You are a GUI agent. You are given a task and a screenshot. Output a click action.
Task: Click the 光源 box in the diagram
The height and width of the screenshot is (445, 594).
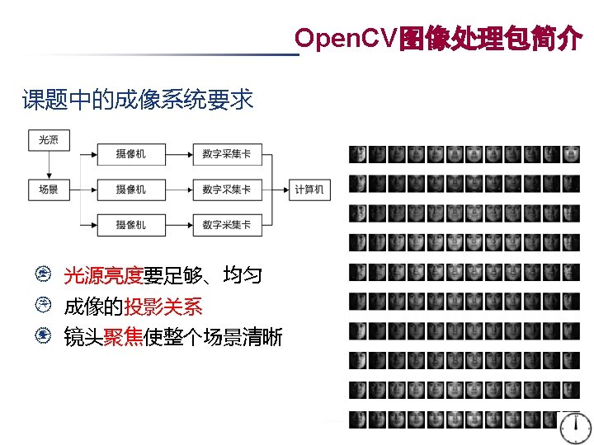click(x=49, y=139)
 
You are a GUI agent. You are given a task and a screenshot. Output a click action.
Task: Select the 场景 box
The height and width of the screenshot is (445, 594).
click(x=49, y=190)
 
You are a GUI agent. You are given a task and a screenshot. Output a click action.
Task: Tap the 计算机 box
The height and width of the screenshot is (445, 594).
click(x=309, y=190)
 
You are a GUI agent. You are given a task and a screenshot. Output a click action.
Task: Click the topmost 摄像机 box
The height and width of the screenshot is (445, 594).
click(x=131, y=154)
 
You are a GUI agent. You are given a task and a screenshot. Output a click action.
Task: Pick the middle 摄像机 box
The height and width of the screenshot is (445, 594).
click(x=131, y=190)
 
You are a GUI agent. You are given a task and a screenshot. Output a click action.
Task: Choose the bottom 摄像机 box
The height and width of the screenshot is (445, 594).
click(x=131, y=224)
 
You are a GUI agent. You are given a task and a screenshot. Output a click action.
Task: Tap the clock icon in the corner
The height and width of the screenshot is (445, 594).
click(x=574, y=426)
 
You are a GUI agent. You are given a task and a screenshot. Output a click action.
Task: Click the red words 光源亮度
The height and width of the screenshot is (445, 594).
click(x=103, y=275)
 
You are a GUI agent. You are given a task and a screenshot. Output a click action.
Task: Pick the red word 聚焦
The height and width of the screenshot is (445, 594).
click(x=123, y=337)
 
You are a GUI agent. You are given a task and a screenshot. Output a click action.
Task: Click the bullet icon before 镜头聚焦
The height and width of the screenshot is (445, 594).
click(x=49, y=336)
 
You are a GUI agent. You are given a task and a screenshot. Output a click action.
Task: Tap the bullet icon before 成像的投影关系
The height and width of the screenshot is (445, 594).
click(x=49, y=306)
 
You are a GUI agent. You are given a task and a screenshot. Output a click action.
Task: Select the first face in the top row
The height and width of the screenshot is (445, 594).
click(x=357, y=154)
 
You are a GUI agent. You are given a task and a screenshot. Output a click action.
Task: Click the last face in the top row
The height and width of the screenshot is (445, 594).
click(x=572, y=154)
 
